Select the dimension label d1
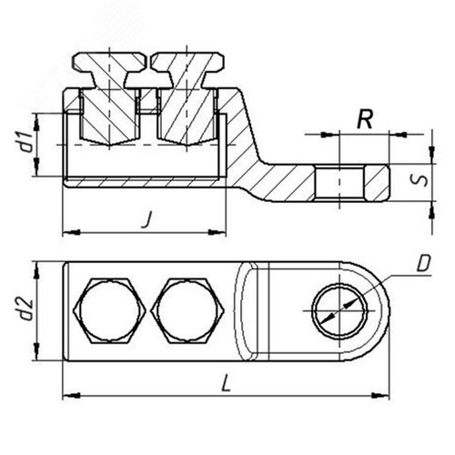[x=28, y=144]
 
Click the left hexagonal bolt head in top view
[x=107, y=310]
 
